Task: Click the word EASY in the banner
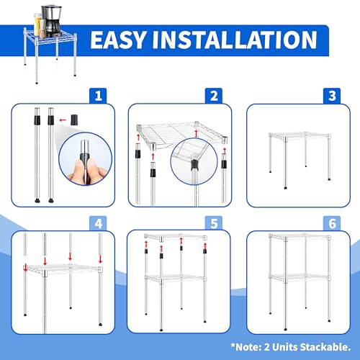118,40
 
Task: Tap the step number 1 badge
99,96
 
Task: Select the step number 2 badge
214,96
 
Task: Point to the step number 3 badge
332,96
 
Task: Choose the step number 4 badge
99,224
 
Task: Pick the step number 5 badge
214,224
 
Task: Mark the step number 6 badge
332,224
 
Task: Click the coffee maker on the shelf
52,21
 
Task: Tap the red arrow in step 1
63,120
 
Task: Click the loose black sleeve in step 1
75,120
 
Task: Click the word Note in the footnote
248,347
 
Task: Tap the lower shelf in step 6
300,277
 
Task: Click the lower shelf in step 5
175,278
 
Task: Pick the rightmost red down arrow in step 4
100,259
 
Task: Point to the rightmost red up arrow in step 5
205,246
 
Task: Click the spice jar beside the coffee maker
42,28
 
